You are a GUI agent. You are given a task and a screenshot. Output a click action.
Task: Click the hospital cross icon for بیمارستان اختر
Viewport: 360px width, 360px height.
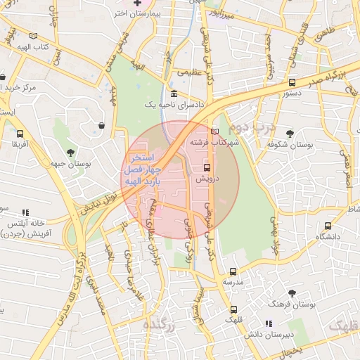[x=138, y=4]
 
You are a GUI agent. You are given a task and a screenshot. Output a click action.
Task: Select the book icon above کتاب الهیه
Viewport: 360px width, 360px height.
[x=33, y=35]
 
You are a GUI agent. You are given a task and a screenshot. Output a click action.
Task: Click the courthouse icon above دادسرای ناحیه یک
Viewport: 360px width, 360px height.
[x=174, y=94]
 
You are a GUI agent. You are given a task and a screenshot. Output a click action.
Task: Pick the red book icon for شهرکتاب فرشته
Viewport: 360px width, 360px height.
[x=214, y=131]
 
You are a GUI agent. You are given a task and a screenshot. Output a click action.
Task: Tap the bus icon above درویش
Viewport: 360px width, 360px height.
[x=207, y=167]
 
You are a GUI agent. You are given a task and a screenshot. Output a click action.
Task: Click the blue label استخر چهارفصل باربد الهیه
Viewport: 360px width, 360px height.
[x=143, y=169]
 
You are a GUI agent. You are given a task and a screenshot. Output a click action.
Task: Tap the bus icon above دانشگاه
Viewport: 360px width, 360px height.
[x=328, y=226]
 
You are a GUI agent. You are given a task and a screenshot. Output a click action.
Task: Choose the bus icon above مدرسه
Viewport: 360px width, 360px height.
[x=233, y=271]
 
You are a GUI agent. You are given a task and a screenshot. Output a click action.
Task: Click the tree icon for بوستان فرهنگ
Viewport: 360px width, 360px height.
[x=292, y=292]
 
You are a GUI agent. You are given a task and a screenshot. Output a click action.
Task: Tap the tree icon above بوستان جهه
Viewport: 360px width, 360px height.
[x=70, y=153]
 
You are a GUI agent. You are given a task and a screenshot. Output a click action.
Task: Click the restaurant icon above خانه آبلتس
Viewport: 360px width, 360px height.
[x=26, y=212]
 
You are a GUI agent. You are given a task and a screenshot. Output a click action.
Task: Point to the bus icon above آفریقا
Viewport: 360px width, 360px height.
[x=19, y=132]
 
